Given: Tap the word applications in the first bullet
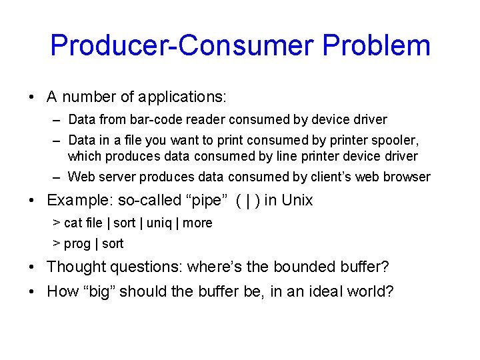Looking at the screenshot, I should click(x=182, y=97).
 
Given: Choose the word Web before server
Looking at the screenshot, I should click(x=81, y=177).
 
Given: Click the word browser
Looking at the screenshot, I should click(x=408, y=177).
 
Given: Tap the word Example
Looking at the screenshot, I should click(x=76, y=201).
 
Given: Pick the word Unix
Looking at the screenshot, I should click(x=297, y=201).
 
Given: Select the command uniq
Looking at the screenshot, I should click(x=159, y=223).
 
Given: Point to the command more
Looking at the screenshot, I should click(x=197, y=223).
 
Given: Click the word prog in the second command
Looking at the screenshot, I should click(x=77, y=244).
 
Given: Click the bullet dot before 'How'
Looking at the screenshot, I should click(x=33, y=292).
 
